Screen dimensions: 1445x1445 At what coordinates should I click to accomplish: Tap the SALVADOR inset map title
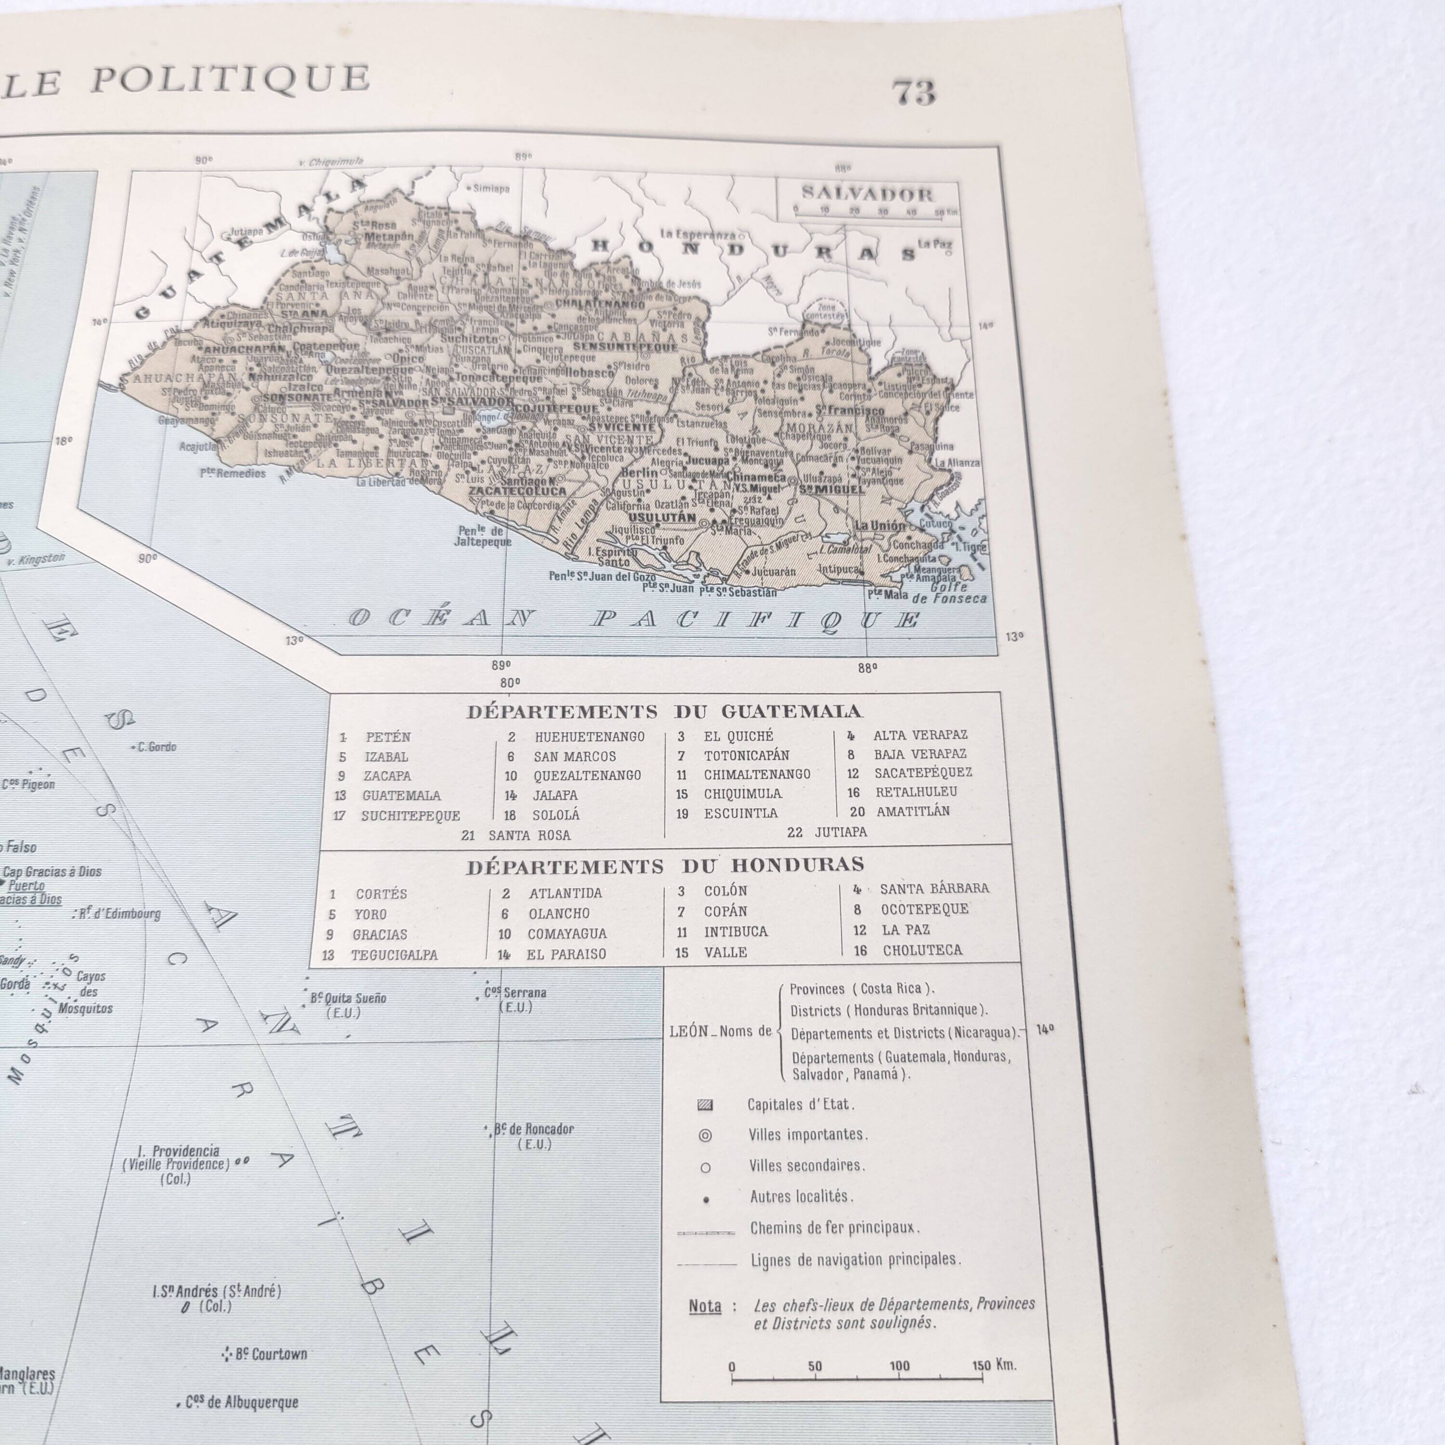coord(867,195)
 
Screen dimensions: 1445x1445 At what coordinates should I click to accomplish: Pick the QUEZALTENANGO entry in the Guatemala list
coord(587,775)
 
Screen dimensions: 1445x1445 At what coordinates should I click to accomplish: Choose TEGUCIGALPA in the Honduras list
coord(394,955)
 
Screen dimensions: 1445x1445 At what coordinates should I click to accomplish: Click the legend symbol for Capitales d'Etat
coord(705,1104)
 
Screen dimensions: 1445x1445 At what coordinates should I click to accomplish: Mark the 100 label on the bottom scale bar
coord(899,1366)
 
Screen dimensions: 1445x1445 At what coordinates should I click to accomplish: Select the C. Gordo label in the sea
coord(157,747)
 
